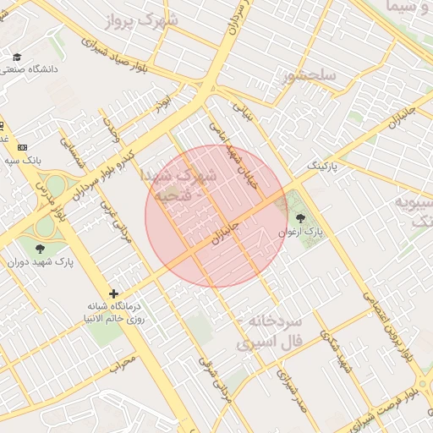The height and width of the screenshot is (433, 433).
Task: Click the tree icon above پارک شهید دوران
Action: (x=40, y=248)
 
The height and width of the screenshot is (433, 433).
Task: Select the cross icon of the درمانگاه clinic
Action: (x=113, y=293)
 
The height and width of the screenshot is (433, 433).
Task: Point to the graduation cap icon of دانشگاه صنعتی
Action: (x=17, y=57)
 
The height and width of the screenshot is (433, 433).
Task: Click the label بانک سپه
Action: (x=22, y=159)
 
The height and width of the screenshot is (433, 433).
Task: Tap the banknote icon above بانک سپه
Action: (x=22, y=146)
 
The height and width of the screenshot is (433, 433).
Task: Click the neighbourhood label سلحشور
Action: (x=310, y=76)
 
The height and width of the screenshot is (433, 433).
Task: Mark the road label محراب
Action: (x=122, y=366)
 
